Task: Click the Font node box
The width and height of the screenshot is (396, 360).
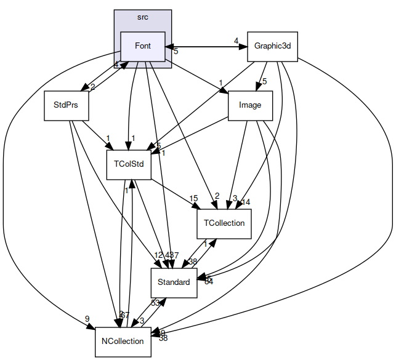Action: tap(143, 46)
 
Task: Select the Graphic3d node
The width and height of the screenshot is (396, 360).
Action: tap(272, 46)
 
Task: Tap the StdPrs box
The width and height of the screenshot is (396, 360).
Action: tap(66, 105)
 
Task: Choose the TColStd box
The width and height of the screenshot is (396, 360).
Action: tap(129, 164)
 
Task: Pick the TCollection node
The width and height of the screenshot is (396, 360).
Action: tap(225, 223)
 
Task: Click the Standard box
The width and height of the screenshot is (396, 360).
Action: tap(174, 282)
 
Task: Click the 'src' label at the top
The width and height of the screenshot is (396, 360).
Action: tap(143, 17)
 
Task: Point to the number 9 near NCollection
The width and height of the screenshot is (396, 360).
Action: tap(87, 319)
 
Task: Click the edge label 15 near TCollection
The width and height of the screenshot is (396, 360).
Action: tap(193, 198)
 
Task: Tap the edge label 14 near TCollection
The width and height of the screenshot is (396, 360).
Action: tap(246, 202)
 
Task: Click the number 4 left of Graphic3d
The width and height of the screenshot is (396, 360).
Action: tap(236, 41)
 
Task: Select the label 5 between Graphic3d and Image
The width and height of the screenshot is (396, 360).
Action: tap(264, 81)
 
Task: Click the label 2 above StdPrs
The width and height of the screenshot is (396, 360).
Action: tap(92, 87)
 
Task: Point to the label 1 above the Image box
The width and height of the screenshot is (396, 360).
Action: tap(220, 83)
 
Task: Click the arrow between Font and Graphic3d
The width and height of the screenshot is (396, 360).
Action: tap(206, 46)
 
